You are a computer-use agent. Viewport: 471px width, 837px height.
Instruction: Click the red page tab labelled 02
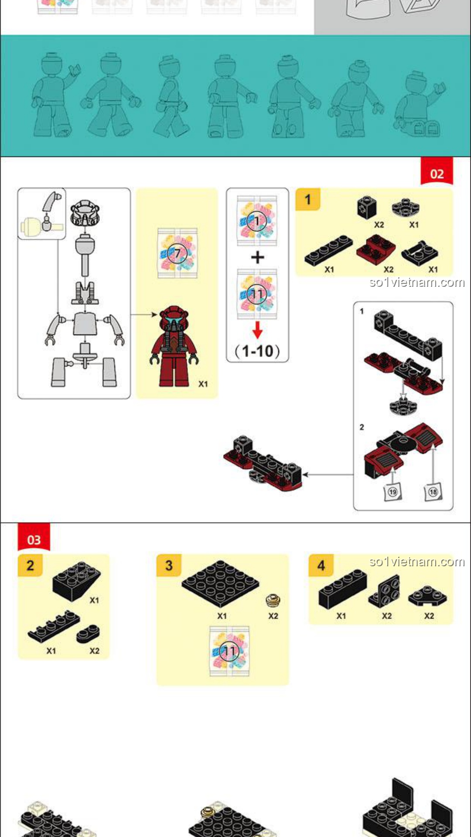click(437, 171)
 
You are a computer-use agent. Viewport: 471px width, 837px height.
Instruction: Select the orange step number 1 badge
click(308, 199)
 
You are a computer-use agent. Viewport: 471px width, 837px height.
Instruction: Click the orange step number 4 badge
click(321, 565)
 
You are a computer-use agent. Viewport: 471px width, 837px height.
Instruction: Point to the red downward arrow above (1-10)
click(258, 330)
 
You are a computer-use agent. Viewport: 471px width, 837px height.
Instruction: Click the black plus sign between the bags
click(258, 257)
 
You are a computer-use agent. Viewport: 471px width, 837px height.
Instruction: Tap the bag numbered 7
click(177, 253)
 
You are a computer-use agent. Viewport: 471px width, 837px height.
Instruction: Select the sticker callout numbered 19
click(392, 492)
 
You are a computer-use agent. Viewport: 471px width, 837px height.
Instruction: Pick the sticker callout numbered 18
click(433, 491)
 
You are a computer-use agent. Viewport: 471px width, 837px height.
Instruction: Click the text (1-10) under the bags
click(257, 351)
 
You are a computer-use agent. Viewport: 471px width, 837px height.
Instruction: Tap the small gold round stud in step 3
click(273, 601)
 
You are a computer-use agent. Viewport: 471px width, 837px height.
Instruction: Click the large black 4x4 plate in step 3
click(220, 584)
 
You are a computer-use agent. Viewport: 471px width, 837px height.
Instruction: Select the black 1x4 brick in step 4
click(343, 589)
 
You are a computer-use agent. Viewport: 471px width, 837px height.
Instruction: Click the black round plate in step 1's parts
click(406, 208)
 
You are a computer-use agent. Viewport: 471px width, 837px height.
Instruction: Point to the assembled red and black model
click(263, 463)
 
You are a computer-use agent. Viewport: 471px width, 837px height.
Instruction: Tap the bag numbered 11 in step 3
click(229, 651)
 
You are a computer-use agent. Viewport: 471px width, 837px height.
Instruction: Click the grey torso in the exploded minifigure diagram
click(85, 323)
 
